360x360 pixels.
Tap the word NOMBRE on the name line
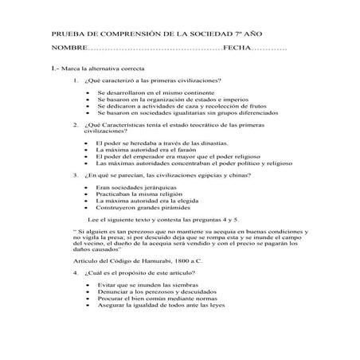click(x=70, y=49)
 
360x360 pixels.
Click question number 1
click(x=75, y=80)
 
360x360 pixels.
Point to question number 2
click(x=75, y=125)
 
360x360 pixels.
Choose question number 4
click(x=75, y=272)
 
